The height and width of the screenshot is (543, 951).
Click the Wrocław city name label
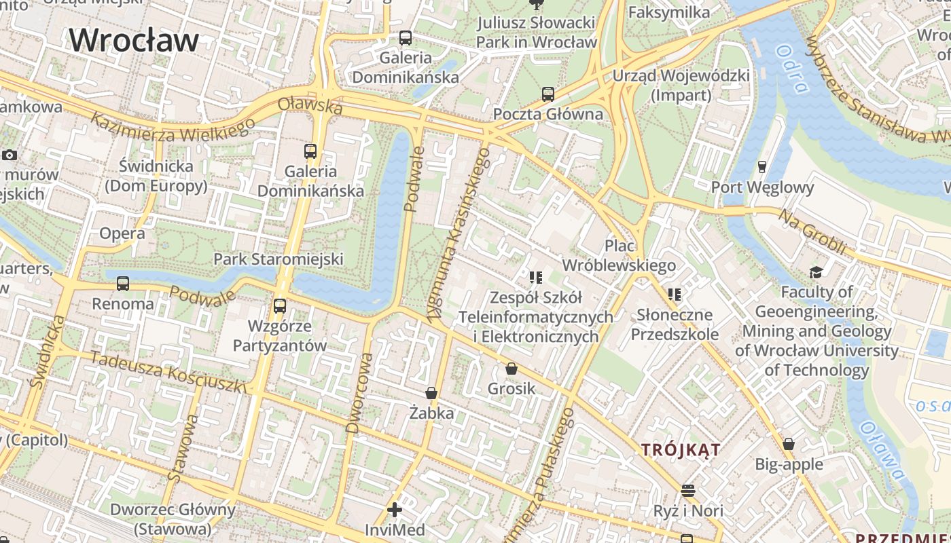pos(134,40)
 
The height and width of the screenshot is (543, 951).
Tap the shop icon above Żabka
pos(431,393)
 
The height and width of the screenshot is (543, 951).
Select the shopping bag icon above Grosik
pos(511,369)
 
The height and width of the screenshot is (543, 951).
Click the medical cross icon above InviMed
pos(395,509)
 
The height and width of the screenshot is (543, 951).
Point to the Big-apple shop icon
pos(789,444)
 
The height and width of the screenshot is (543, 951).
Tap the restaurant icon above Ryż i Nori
pos(688,490)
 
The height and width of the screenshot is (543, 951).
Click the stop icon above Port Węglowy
pos(762,166)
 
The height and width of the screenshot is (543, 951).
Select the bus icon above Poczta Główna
pos(548,94)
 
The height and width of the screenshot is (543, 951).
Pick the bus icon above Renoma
pos(123,284)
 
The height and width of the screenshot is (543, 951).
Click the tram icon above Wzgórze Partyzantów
pos(279,306)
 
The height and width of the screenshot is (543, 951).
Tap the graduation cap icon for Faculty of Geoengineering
pos(816,272)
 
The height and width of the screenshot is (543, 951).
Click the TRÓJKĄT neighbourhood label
pos(681,449)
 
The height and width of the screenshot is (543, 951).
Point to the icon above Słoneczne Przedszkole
pos(674,295)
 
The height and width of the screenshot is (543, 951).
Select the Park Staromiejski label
pos(279,259)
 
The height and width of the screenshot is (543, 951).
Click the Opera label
pos(122,233)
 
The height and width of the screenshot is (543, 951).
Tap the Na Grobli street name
pos(812,232)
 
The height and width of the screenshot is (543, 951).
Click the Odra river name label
pos(793,69)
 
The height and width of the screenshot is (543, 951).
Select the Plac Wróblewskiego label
pos(620,255)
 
